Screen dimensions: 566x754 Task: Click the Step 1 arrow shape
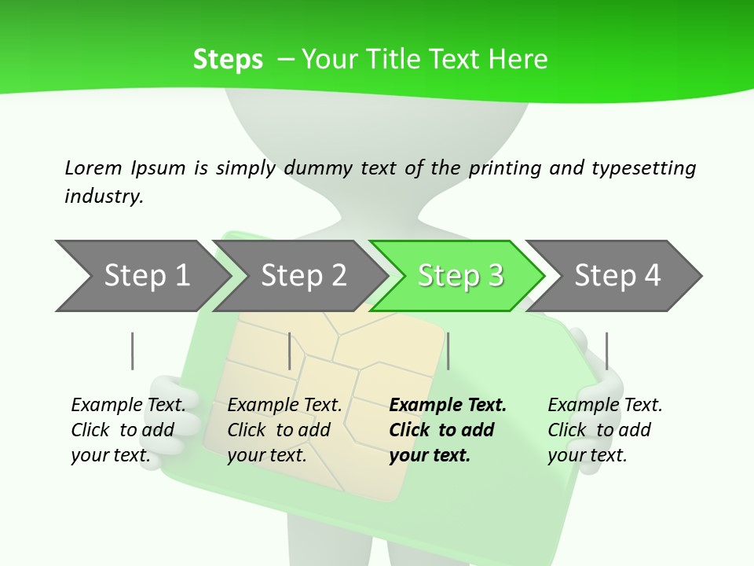(x=141, y=276)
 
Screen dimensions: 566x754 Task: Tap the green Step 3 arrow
(x=459, y=276)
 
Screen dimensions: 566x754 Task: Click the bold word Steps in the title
(x=228, y=60)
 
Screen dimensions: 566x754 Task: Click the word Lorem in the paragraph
(x=93, y=167)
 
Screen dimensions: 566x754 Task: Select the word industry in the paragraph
(x=103, y=196)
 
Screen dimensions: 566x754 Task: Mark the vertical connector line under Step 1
(x=133, y=351)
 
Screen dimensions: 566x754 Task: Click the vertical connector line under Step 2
(x=290, y=351)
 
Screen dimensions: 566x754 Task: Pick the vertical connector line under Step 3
(x=448, y=351)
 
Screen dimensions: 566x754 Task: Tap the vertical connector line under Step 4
(x=607, y=351)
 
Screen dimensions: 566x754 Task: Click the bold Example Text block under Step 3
(x=448, y=430)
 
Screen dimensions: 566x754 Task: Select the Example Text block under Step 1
(x=128, y=430)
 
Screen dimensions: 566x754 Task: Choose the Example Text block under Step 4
(x=605, y=430)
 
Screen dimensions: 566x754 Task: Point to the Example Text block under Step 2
(x=284, y=430)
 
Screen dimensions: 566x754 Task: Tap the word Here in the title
(x=518, y=60)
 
